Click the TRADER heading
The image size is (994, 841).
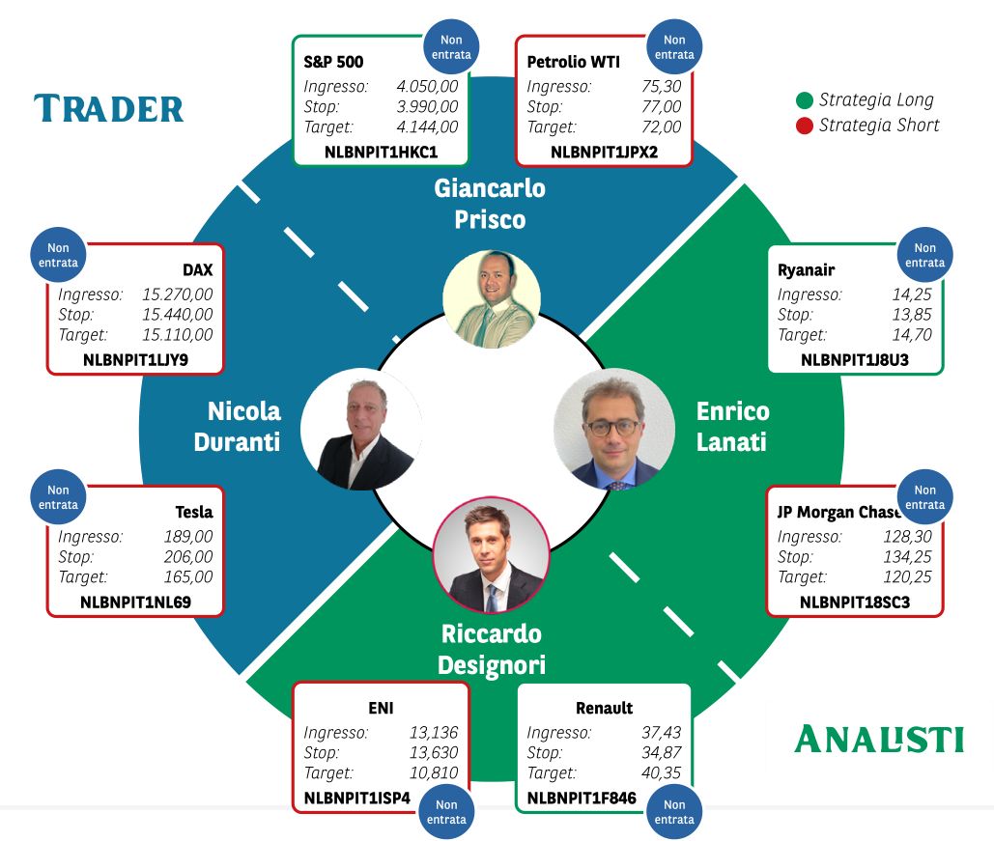click(x=108, y=108)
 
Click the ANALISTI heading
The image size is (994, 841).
click(x=879, y=739)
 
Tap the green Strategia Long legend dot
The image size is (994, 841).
click(x=805, y=100)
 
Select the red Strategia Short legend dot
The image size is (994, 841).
click(x=805, y=126)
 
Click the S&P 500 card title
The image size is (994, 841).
click(x=333, y=62)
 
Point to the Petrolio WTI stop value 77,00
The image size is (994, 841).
click(x=661, y=106)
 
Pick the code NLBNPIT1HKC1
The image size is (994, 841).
click(x=381, y=153)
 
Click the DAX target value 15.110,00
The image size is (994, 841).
click(x=178, y=335)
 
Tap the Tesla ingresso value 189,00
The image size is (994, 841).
click(x=188, y=537)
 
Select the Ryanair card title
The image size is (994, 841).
click(x=806, y=270)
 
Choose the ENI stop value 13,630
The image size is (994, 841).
click(x=434, y=752)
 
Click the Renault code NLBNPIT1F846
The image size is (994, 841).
click(x=582, y=798)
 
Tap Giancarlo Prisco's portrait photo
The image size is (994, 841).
click(x=492, y=298)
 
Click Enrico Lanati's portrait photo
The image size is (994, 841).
click(x=613, y=430)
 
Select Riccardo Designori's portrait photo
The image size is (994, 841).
click(x=492, y=555)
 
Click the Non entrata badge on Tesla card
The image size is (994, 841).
click(x=58, y=497)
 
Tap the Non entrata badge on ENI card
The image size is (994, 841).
click(x=446, y=812)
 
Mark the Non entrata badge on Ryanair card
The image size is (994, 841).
click(x=924, y=256)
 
